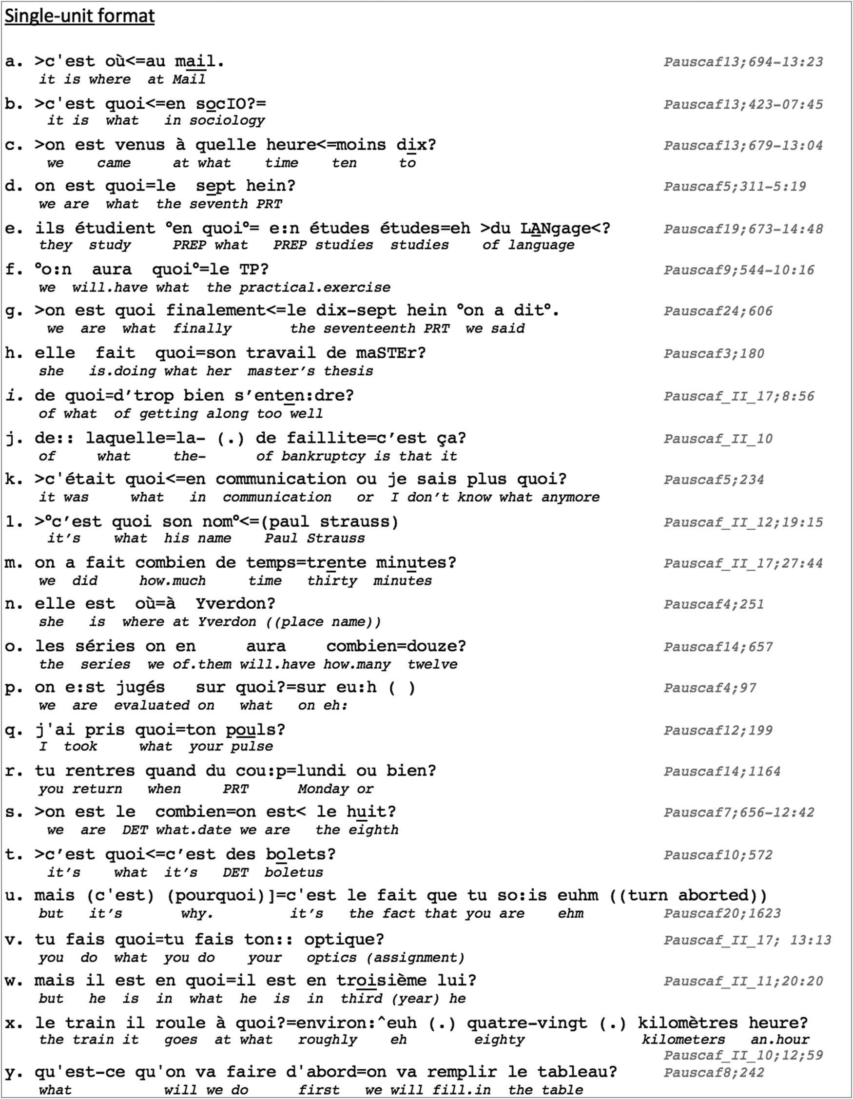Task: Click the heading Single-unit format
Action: pos(79,17)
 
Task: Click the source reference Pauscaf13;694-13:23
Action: pos(743,62)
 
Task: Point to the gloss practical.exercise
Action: pos(314,288)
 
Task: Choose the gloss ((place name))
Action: pos(323,622)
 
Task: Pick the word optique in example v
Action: pos(343,939)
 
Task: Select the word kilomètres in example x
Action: pos(687,1022)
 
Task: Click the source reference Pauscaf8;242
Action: pos(714,1072)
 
